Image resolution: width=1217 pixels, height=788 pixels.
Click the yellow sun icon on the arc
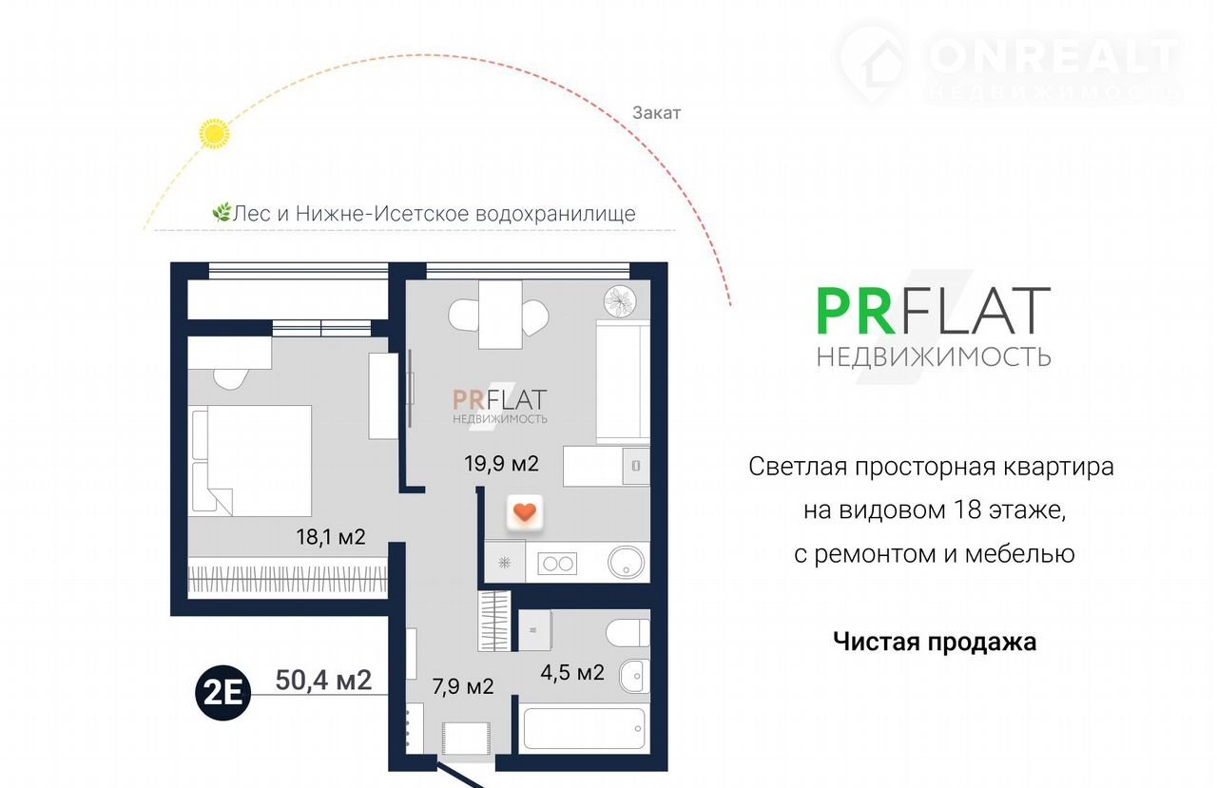[x=214, y=134]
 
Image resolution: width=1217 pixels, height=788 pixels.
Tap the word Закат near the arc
[x=656, y=113]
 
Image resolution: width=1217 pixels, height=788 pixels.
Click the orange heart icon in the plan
[x=524, y=512]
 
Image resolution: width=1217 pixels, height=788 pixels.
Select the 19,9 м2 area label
[x=501, y=463]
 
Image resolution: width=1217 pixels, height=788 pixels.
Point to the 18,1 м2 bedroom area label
[x=331, y=536]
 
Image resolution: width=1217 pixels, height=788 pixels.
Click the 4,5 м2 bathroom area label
[x=572, y=672]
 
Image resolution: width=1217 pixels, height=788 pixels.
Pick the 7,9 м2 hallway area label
[x=463, y=686]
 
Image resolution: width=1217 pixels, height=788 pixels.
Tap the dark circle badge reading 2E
[x=222, y=693]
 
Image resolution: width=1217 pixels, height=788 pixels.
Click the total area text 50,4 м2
[x=323, y=680]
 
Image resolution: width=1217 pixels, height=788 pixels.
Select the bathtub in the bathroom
[x=584, y=729]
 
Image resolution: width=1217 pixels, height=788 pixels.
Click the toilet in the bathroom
[x=628, y=633]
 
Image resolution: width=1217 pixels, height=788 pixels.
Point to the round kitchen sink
[x=626, y=562]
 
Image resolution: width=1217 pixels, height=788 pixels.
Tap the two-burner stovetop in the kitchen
[x=557, y=564]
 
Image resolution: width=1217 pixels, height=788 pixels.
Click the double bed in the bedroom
[x=252, y=460]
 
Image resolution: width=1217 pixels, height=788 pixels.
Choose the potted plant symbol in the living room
[x=620, y=301]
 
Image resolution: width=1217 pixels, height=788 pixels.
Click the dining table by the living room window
[x=500, y=315]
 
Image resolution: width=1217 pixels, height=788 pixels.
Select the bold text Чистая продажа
[x=935, y=642]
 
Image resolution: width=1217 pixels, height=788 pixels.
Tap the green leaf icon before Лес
[x=222, y=212]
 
